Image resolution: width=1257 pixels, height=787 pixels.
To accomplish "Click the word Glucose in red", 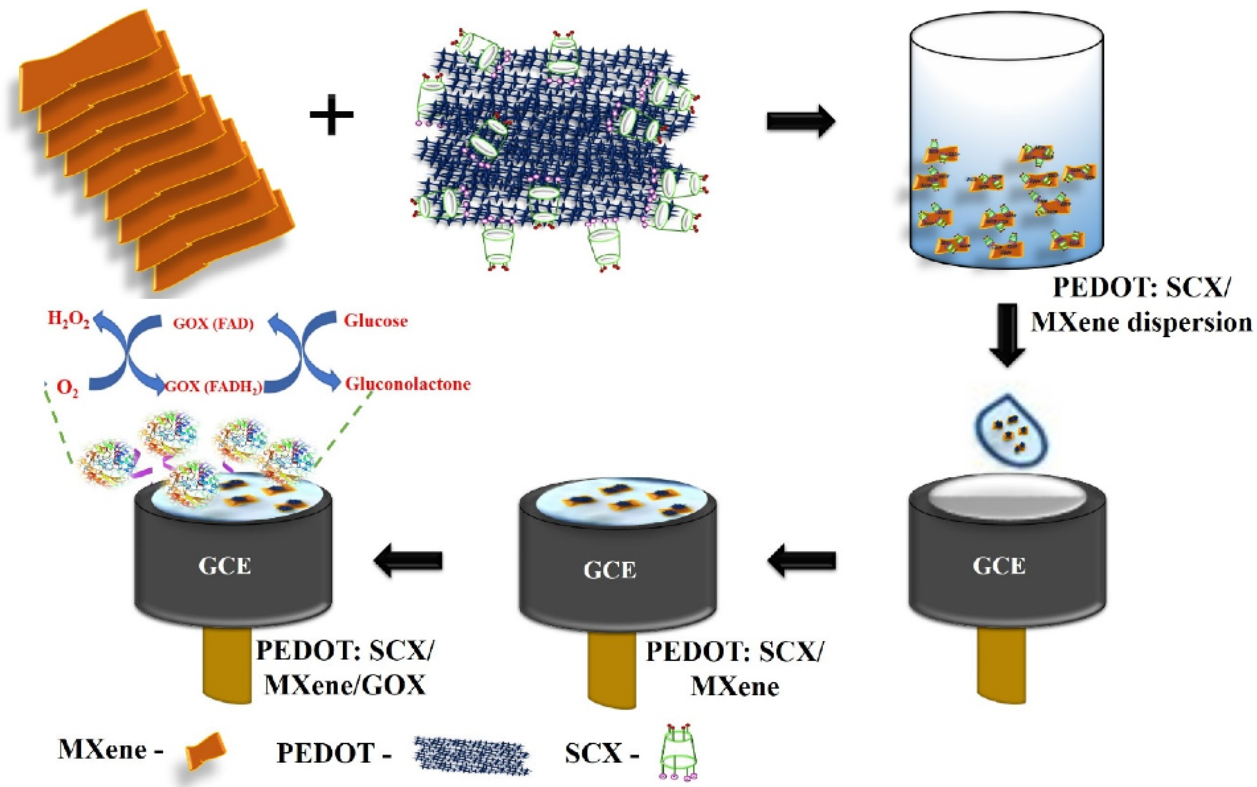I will tap(375, 321).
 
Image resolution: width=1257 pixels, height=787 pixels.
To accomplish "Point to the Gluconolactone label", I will tap(408, 384).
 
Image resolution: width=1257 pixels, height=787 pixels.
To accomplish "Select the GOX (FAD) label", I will tap(213, 324).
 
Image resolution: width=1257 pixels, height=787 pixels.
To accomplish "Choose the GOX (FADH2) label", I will tap(213, 387).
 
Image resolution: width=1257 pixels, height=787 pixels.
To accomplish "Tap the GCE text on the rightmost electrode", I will tap(999, 566).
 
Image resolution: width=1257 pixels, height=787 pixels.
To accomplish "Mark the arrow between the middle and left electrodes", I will tap(408, 561).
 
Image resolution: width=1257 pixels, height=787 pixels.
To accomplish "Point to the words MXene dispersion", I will tap(1141, 323).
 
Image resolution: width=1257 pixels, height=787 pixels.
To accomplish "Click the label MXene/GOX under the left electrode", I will tap(345, 685).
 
